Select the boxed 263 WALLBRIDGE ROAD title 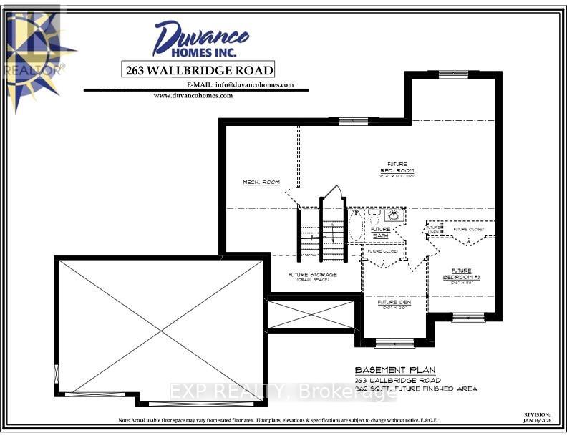point(198,69)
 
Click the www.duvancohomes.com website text point(193,95)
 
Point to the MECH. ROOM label point(261,182)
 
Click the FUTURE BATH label point(381,232)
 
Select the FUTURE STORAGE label point(312,276)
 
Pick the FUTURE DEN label point(392,303)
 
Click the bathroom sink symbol point(393,215)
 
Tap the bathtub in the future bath point(357,225)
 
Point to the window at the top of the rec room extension point(453,73)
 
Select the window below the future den point(394,343)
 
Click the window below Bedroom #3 point(469,318)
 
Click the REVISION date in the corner point(537,417)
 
